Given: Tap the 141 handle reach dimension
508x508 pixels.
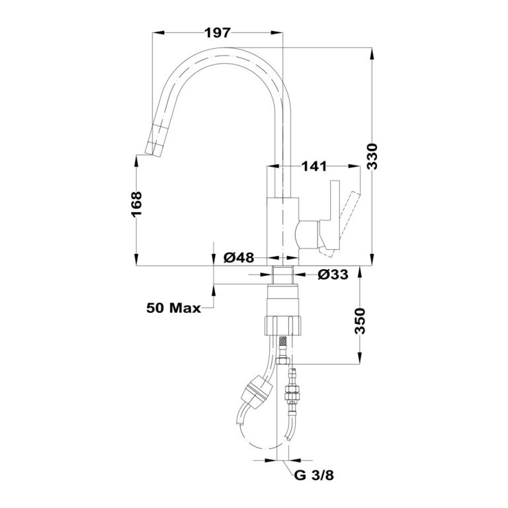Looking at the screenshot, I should point(315,166).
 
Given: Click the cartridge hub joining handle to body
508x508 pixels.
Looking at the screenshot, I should point(306,233).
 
